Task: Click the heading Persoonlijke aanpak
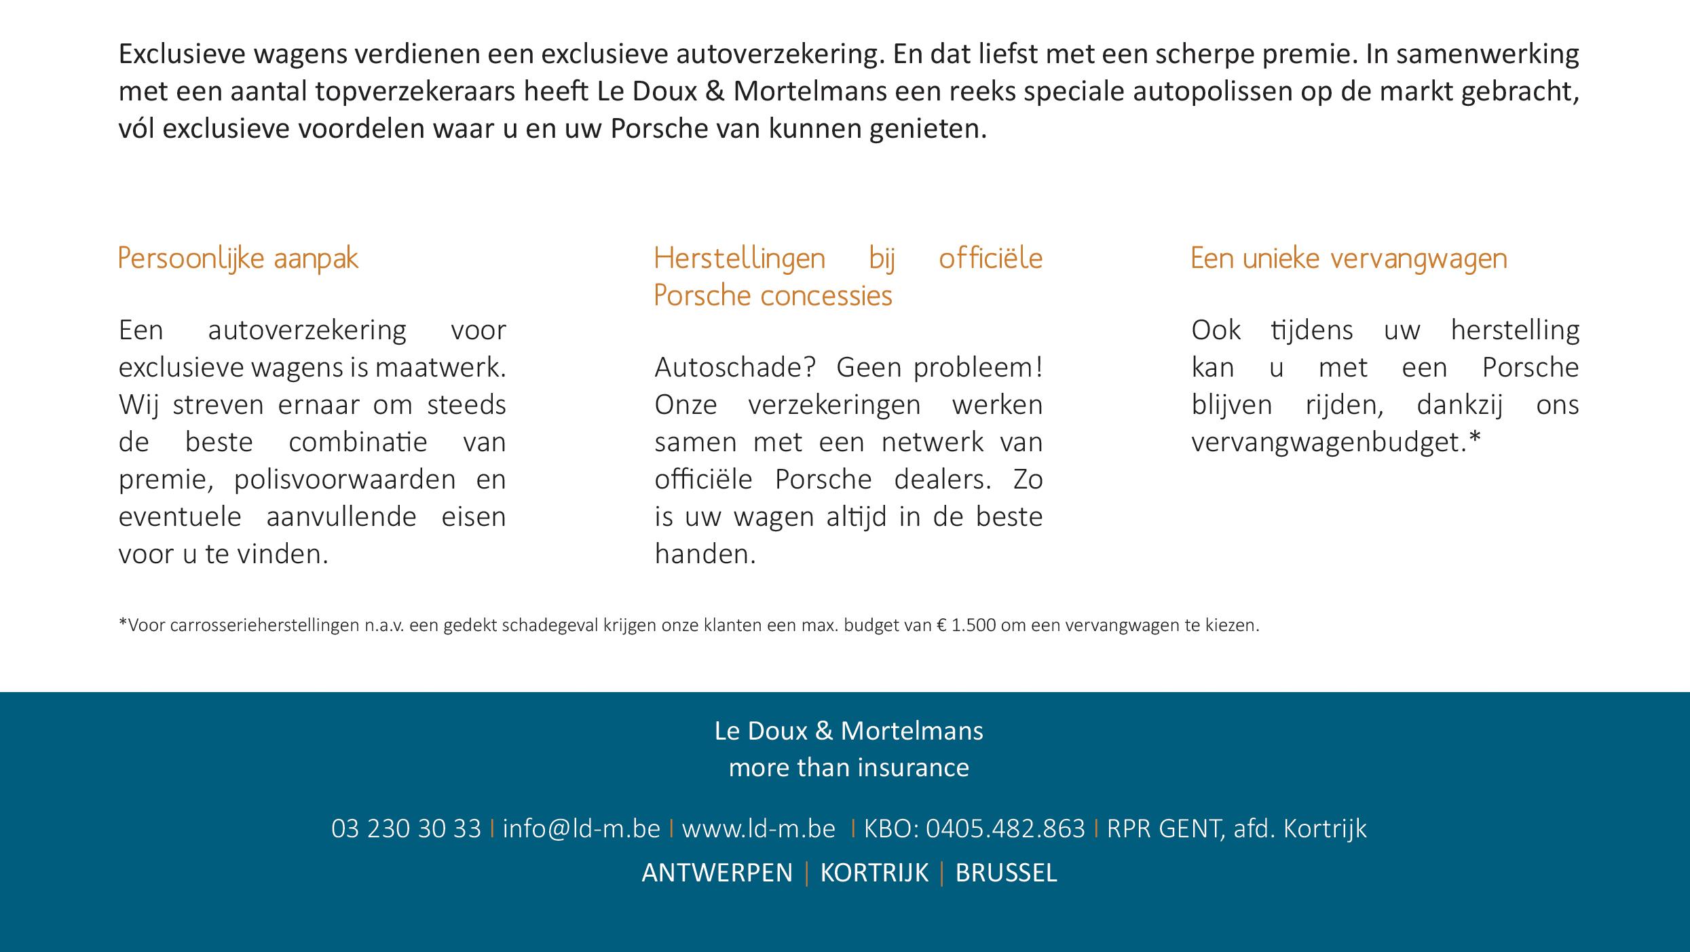pyautogui.click(x=238, y=259)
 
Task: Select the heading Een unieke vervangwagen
pyautogui.click(x=1349, y=259)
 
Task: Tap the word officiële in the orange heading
pyautogui.click(x=990, y=259)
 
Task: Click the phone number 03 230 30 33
pyautogui.click(x=406, y=829)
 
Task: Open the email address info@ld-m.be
pyautogui.click(x=581, y=829)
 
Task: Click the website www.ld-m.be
pyautogui.click(x=758, y=829)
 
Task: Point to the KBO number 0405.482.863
pyautogui.click(x=1005, y=829)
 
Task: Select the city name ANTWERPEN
pyautogui.click(x=717, y=873)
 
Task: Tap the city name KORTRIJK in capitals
pyautogui.click(x=874, y=873)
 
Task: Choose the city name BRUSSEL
pyautogui.click(x=1006, y=873)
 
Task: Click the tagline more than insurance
pyautogui.click(x=848, y=767)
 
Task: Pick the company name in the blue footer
pyautogui.click(x=848, y=731)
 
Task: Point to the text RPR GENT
pyautogui.click(x=1163, y=829)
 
